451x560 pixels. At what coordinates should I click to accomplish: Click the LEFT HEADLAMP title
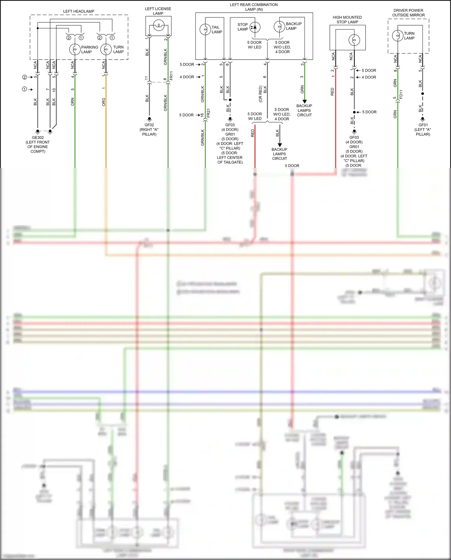pos(78,11)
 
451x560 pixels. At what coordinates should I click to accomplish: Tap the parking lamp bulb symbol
pos(75,49)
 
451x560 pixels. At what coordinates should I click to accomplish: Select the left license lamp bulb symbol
pos(158,25)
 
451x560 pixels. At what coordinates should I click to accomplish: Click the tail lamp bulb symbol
pos(205,29)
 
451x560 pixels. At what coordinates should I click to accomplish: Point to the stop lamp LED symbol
pos(255,27)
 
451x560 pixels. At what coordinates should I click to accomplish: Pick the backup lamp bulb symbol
pos(279,26)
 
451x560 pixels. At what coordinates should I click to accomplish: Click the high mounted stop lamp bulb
pos(354,40)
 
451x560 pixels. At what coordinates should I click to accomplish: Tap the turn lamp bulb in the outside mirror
pos(397,36)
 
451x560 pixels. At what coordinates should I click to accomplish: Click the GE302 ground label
pos(38,138)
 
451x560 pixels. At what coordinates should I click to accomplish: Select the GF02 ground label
pos(149,125)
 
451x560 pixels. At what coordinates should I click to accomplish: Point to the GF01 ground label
pos(423,125)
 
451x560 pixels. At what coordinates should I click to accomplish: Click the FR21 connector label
pos(208,113)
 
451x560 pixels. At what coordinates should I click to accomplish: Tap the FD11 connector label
pos(401,94)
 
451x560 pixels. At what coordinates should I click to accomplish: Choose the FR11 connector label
pos(171,76)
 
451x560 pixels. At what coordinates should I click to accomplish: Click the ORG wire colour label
pos(104,102)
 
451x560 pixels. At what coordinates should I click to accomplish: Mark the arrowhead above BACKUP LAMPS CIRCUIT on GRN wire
pos(304,101)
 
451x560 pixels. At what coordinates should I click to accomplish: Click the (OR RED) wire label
pos(260,94)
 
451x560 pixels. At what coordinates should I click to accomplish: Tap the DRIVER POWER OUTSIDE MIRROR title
pos(408,13)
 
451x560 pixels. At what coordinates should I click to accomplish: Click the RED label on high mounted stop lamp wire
pos(332,92)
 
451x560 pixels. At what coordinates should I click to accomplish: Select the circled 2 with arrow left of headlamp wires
pos(25,77)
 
